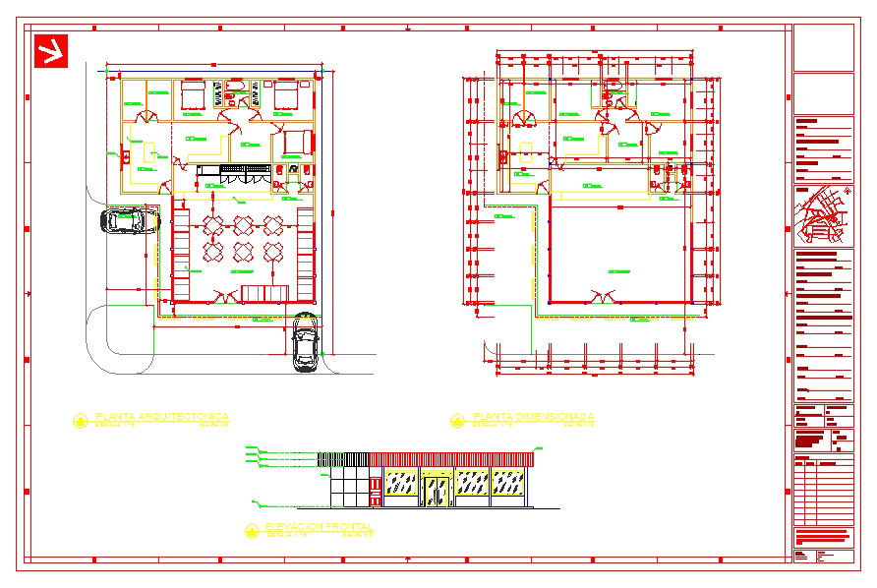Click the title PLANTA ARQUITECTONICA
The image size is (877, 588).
pyautogui.click(x=162, y=417)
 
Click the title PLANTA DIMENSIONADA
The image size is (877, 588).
pyautogui.click(x=534, y=417)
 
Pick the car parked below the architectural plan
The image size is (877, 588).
pyautogui.click(x=306, y=343)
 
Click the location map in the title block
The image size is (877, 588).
pyautogui.click(x=823, y=215)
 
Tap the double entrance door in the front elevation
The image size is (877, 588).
pyautogui.click(x=436, y=489)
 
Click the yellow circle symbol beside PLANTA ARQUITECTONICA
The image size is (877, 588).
pyautogui.click(x=80, y=421)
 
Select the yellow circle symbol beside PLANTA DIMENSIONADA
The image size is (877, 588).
pyautogui.click(x=457, y=421)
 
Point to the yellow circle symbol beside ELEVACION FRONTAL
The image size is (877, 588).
pyautogui.click(x=251, y=530)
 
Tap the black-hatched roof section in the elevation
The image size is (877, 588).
pyautogui.click(x=343, y=459)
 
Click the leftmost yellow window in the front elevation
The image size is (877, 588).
pyautogui.click(x=400, y=483)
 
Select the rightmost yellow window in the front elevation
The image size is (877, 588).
pyautogui.click(x=506, y=483)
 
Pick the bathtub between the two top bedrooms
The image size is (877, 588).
pyautogui.click(x=236, y=93)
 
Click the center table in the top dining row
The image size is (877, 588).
pyautogui.click(x=244, y=225)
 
